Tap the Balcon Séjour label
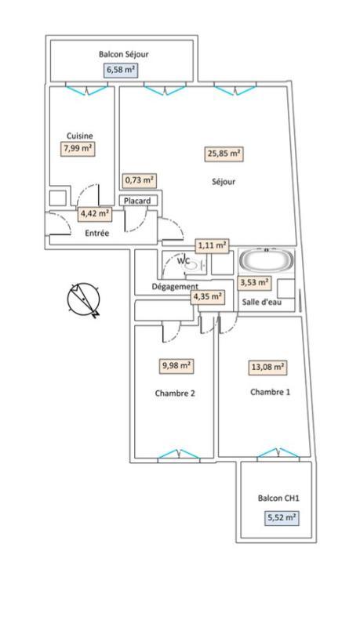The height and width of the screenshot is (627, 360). click(x=124, y=54)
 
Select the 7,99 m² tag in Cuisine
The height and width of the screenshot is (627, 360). click(x=78, y=147)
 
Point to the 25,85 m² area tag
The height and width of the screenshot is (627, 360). click(x=224, y=154)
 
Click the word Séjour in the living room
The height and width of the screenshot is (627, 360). click(x=224, y=182)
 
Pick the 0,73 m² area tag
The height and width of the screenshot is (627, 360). click(x=140, y=180)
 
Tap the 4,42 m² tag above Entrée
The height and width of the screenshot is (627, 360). click(x=95, y=213)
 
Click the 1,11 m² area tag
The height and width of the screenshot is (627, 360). click(x=212, y=245)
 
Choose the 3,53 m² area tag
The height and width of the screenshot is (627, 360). click(x=254, y=283)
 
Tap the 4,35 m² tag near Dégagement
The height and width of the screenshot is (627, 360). click(x=208, y=296)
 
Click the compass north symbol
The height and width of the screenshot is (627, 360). click(x=85, y=300)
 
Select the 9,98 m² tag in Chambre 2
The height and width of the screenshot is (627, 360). click(x=176, y=365)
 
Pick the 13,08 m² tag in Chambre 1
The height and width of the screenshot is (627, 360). click(x=268, y=366)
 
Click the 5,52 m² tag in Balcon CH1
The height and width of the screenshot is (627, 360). click(x=281, y=517)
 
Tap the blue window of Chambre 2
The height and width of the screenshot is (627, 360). click(x=179, y=455)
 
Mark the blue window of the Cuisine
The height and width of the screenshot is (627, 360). click(x=85, y=89)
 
